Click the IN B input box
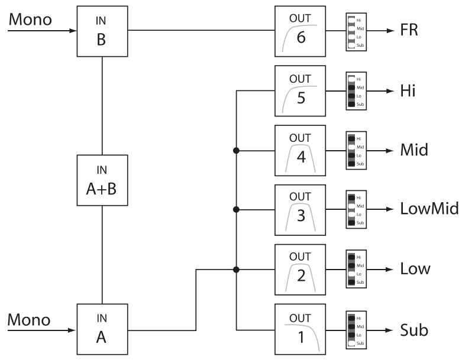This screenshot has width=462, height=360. [x=102, y=30]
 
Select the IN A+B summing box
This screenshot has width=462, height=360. [x=102, y=180]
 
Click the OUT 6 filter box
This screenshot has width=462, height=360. [x=301, y=30]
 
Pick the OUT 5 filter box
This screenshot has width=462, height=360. [x=301, y=90]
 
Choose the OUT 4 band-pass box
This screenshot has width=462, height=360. [x=301, y=150]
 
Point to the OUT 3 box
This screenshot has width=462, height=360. [x=301, y=210]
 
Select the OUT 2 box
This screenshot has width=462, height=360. [x=301, y=270]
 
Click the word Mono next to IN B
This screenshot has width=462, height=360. [x=30, y=20]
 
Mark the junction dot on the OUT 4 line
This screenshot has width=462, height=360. [x=237, y=151]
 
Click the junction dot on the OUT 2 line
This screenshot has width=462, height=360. [x=237, y=270]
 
